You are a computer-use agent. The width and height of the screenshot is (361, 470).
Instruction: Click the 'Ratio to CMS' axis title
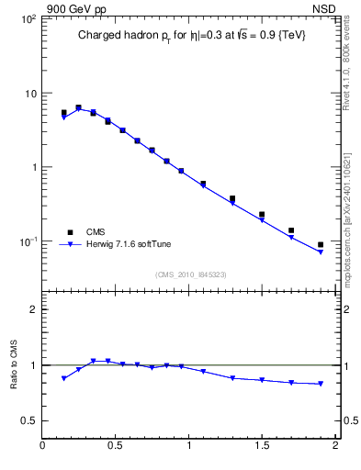[14, 364]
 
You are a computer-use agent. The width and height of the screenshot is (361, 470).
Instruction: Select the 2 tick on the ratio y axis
[32, 309]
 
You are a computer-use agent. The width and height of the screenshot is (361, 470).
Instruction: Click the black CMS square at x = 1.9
[321, 245]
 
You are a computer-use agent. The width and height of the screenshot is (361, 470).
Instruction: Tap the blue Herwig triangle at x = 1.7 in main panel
[291, 238]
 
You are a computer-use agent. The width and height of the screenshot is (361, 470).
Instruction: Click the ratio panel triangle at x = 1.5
[262, 380]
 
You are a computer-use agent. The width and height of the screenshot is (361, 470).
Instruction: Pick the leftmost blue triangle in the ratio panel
[64, 378]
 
